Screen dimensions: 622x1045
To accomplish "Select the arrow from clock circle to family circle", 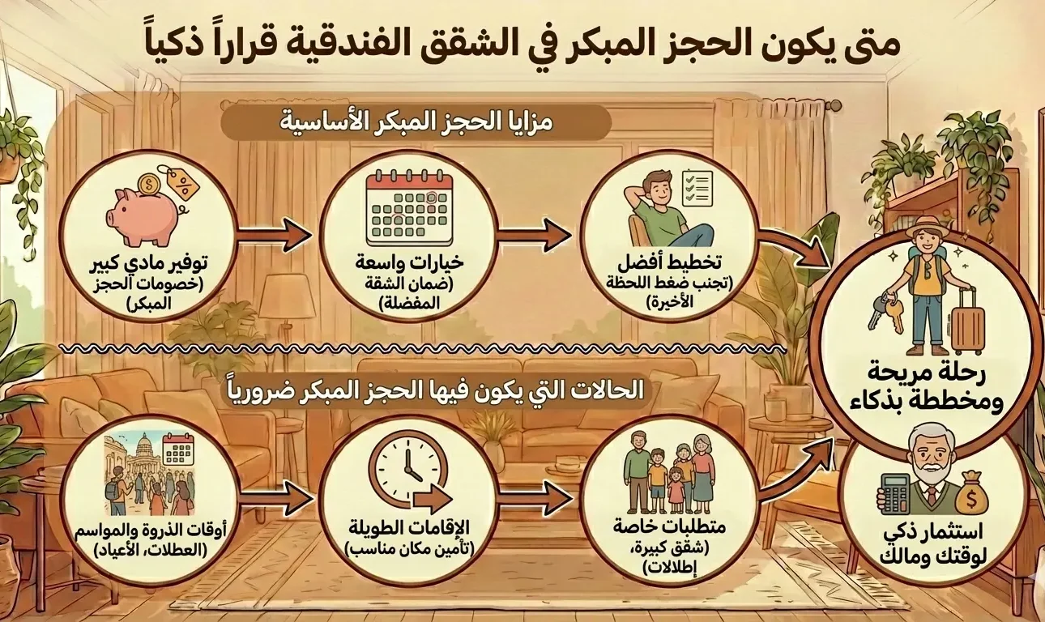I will (534, 495).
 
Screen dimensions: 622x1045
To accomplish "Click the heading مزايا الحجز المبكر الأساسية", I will (417, 124).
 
